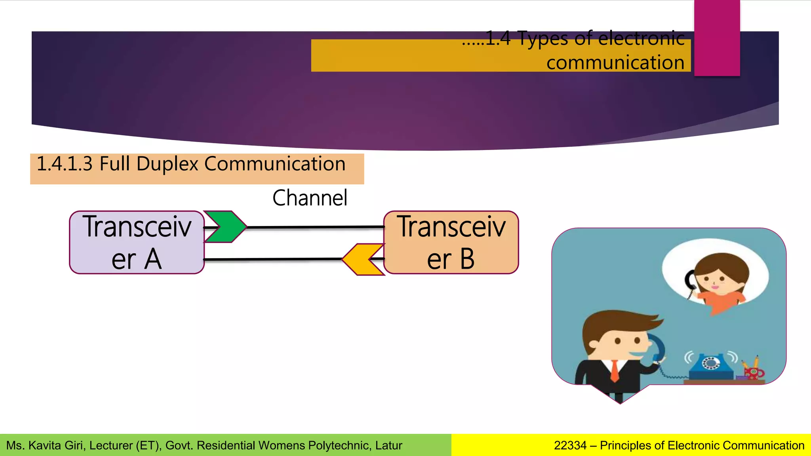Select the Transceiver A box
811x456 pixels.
click(x=137, y=242)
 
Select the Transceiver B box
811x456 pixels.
click(x=451, y=242)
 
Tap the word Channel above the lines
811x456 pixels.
click(x=310, y=198)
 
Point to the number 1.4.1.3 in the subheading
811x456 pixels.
click(x=65, y=164)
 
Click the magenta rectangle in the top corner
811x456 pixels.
click(x=717, y=38)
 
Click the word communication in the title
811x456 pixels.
click(x=615, y=63)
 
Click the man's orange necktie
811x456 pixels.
click(x=614, y=370)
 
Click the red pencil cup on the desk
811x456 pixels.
click(x=754, y=373)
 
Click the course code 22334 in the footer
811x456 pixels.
click(x=570, y=445)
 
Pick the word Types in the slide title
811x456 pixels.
click(x=543, y=39)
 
